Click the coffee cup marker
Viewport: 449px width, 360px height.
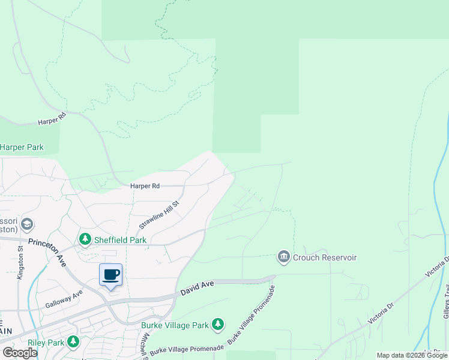pos(111,275)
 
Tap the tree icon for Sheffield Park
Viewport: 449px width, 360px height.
pos(85,240)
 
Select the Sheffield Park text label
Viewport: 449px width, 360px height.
pos(116,240)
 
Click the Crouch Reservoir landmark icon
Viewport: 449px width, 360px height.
pos(283,257)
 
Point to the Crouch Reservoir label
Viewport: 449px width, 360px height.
pos(325,257)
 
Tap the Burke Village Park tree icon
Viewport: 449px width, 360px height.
pos(217,325)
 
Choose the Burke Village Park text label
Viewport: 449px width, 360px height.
pos(175,326)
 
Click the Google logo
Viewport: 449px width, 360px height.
pos(20,353)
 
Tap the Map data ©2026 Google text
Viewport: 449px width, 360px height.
pos(412,356)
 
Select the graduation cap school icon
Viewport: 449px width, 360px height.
pos(26,225)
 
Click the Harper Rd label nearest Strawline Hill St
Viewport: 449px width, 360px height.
pos(145,187)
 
